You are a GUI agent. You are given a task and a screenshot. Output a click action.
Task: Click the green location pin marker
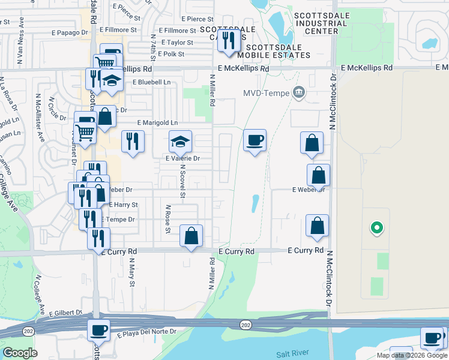(376, 227)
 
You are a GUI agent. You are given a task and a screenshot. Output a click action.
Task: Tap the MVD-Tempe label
(266, 93)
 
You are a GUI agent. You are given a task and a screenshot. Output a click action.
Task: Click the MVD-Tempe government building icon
(298, 92)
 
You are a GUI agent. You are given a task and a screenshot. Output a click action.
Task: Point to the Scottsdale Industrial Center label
(320, 23)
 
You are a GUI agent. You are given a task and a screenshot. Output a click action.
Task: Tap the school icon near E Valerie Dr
(180, 142)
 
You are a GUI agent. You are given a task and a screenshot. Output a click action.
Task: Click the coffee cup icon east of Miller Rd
(255, 141)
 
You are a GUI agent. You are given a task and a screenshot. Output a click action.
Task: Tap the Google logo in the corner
(20, 352)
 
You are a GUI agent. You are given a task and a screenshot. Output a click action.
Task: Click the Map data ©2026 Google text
(412, 355)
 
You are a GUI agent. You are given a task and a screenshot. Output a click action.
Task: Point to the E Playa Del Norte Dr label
(147, 331)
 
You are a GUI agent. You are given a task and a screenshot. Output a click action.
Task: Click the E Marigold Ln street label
(157, 123)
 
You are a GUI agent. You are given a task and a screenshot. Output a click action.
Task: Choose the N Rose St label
(168, 219)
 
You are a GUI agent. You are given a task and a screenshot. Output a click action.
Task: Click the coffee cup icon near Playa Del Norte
(99, 329)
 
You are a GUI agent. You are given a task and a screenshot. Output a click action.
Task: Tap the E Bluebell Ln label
(152, 82)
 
